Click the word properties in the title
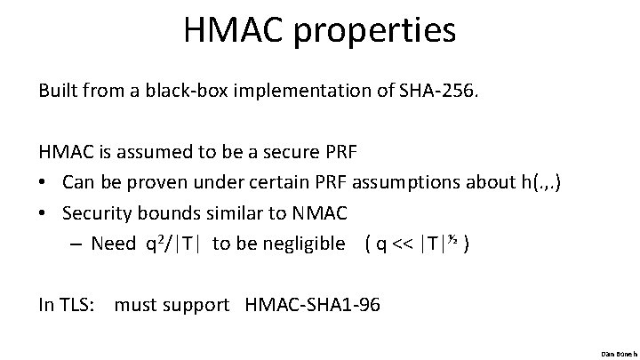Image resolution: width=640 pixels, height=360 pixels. pos(380,32)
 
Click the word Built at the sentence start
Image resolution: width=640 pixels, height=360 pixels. pos(59,91)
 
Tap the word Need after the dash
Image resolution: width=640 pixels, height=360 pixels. pos(113,244)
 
